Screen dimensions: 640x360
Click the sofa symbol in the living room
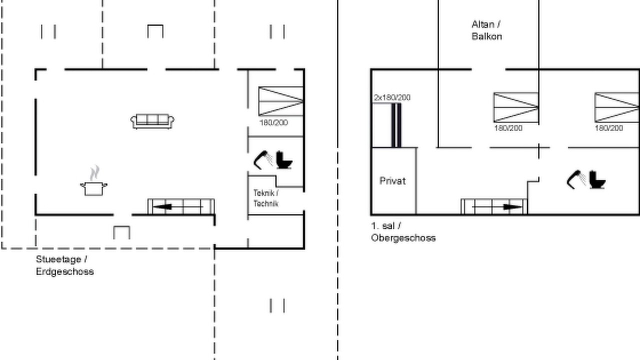coord(152,121)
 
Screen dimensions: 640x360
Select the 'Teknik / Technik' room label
coord(266,198)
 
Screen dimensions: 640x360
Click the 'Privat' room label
coord(392,181)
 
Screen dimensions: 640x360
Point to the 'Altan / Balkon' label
coord(486,30)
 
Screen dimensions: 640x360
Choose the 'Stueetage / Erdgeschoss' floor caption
coord(65,265)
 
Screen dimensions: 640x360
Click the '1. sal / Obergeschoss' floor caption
coord(403,232)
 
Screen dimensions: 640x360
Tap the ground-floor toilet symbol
coord(284,160)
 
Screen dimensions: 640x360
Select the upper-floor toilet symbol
coord(597,179)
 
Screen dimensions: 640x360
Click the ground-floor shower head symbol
coord(263,160)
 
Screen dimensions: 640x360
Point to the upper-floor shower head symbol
coord(576,179)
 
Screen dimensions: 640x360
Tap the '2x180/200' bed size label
coord(392,97)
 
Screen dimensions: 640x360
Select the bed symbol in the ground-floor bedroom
coord(280,101)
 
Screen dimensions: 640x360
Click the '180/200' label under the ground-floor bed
coord(273,123)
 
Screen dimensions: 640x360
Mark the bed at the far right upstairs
coord(617,107)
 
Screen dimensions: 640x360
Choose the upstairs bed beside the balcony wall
coord(516,107)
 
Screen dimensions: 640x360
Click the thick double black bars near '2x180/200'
coord(396,125)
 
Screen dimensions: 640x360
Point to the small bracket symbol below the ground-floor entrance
coord(121,232)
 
